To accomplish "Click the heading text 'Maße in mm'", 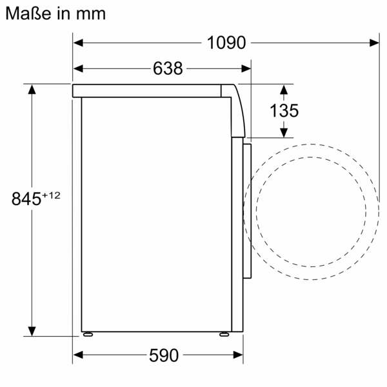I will click(x=55, y=13).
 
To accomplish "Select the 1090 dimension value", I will click(x=227, y=43).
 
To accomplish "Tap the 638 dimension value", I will click(x=168, y=68).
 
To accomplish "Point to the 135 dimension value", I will click(x=284, y=110).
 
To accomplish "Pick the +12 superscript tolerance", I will click(x=51, y=195).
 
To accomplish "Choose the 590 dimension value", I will click(x=163, y=355).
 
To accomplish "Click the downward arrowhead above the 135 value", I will click(x=284, y=91).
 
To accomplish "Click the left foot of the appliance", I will click(x=87, y=335).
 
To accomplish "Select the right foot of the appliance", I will click(x=223, y=335).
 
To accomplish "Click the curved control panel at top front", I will click(x=238, y=110).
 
